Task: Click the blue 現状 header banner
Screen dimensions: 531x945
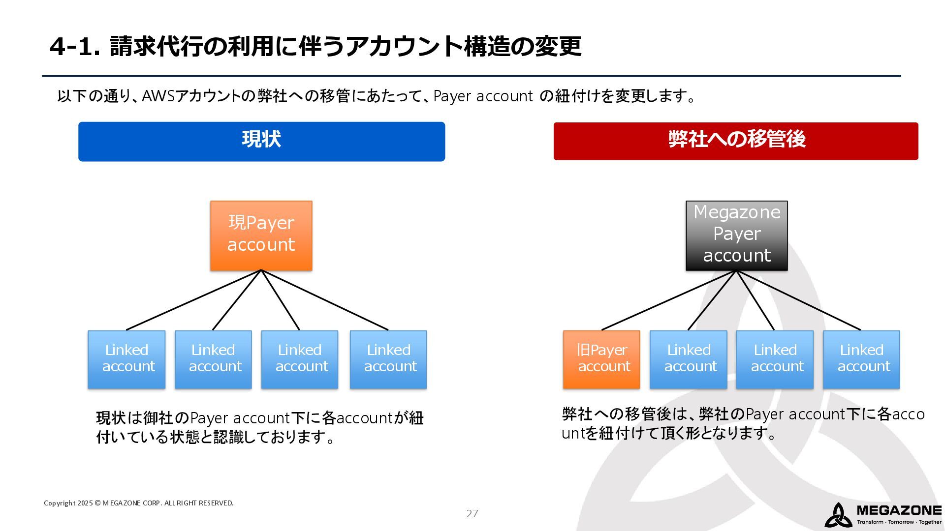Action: coord(261,142)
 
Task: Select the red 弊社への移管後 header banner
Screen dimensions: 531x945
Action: coord(736,141)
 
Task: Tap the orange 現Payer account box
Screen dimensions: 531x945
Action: coord(261,236)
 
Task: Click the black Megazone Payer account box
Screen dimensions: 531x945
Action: coord(737,236)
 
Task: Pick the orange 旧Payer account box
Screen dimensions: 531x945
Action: coord(601,359)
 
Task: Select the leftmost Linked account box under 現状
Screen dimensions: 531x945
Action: coord(126,359)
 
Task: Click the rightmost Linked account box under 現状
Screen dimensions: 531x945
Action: coord(388,359)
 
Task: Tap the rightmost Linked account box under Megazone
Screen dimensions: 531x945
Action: coord(861,359)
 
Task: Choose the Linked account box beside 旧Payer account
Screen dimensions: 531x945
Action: coord(688,359)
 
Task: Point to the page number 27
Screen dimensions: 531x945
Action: coord(472,514)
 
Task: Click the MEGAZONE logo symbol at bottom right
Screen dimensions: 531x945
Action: coord(838,515)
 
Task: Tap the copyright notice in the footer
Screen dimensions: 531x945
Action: coord(138,503)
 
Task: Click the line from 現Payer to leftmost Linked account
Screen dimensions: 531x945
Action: coord(193,300)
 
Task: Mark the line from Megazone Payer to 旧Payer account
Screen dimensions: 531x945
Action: coord(669,300)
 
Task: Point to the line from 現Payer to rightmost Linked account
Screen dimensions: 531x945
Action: coord(325,300)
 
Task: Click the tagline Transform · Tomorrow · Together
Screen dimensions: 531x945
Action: coord(899,522)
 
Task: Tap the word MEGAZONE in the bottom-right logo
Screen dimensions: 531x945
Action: coord(899,510)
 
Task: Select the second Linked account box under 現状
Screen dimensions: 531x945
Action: coord(213,359)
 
